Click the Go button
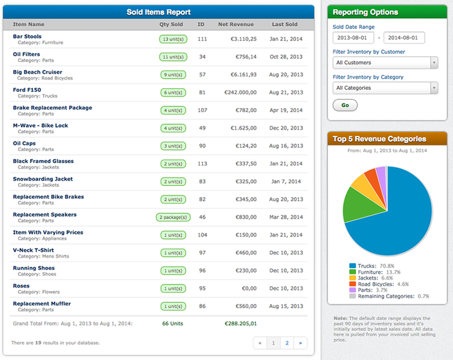point(345,105)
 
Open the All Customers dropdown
point(385,63)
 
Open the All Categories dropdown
point(385,88)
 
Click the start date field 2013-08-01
point(353,38)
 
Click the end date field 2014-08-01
point(403,38)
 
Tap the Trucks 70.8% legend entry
point(375,265)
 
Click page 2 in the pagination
point(286,343)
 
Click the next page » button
point(300,343)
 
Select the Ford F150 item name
point(27,90)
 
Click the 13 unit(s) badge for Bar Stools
point(173,39)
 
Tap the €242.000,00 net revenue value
point(236,92)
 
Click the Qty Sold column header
point(171,25)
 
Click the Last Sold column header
point(284,25)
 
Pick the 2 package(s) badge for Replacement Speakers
point(173,217)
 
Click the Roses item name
point(21,286)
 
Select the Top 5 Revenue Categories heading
point(379,139)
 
